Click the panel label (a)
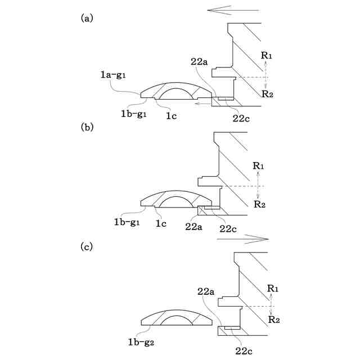click(87, 18)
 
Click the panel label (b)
click(87, 127)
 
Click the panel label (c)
click(87, 247)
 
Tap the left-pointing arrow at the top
click(232, 10)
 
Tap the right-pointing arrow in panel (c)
click(242, 238)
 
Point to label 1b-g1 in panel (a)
click(134, 114)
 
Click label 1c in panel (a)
click(172, 115)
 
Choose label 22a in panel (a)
click(201, 62)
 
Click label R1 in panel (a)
click(267, 56)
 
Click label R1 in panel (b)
click(259, 166)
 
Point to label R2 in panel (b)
click(259, 204)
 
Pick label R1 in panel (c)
click(273, 288)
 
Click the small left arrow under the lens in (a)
click(199, 104)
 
